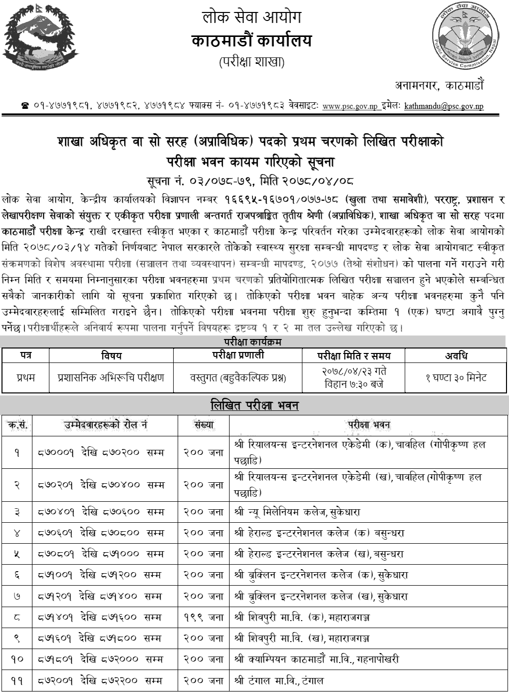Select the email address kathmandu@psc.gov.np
point(444,106)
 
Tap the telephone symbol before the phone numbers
point(25,106)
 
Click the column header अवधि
point(456,355)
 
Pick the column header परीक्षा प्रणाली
point(238,355)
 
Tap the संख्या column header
point(203,425)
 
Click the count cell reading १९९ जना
point(203,618)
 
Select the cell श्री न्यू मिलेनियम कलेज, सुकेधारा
point(296,512)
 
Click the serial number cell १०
point(17,659)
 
